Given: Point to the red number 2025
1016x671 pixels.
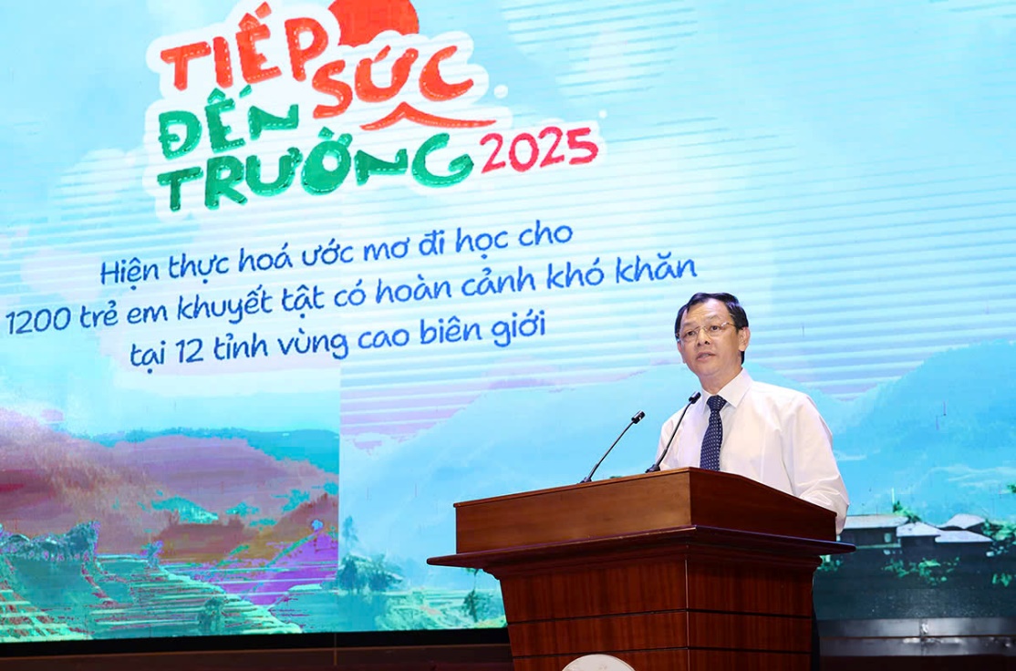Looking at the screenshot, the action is (x=538, y=150).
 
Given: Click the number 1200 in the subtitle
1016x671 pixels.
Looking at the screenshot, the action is (x=39, y=320).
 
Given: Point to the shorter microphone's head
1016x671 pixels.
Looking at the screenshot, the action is (x=638, y=418).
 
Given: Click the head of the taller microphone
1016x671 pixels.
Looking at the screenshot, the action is (x=695, y=397).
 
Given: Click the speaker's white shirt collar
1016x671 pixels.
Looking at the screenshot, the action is (x=726, y=387).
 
